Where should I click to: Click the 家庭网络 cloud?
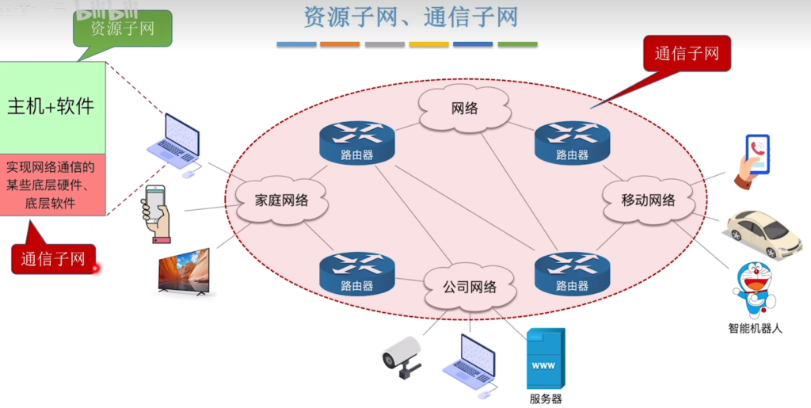281,200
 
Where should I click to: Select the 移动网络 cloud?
647,200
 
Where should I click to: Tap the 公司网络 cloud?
470,287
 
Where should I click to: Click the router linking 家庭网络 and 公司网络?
356,274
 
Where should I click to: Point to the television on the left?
185,272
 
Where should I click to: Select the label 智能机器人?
755,327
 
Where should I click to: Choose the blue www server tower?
546,360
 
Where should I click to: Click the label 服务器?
546,398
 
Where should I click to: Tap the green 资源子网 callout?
122,29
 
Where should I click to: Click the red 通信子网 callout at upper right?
687,54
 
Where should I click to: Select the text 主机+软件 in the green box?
51,107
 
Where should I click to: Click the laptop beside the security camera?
470,362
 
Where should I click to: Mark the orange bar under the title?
340,44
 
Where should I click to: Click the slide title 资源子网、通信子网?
410,17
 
